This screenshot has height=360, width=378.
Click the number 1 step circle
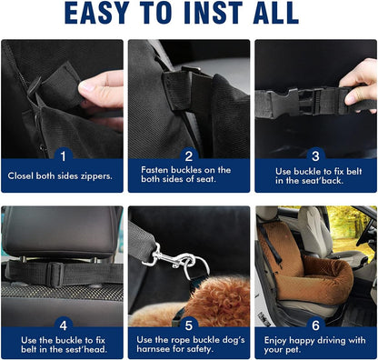[63, 155]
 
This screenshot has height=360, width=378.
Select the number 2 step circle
[190, 155]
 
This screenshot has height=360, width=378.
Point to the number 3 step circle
[315, 155]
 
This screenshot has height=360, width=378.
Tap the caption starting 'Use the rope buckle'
[188, 345]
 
